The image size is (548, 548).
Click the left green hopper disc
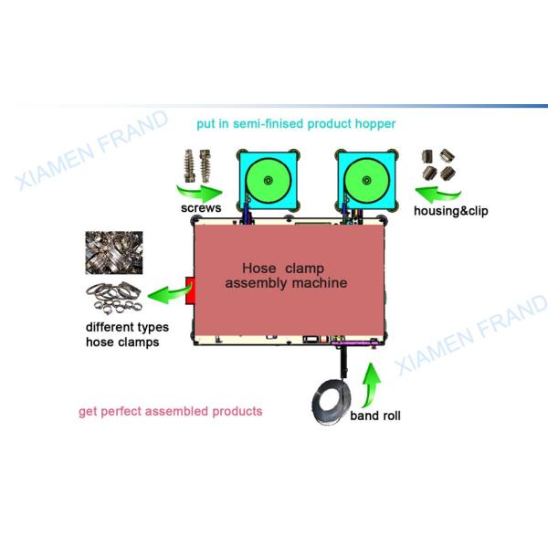pos(268,181)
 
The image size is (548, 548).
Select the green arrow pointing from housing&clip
pos(436,192)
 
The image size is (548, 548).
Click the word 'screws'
pos(201,210)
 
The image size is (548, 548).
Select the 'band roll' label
pos(374,416)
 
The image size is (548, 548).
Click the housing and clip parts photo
pos(439,164)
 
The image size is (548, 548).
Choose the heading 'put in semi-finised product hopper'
pos(296,122)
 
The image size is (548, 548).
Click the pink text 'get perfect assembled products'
pos(170,411)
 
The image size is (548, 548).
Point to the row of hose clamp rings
pos(115,297)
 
